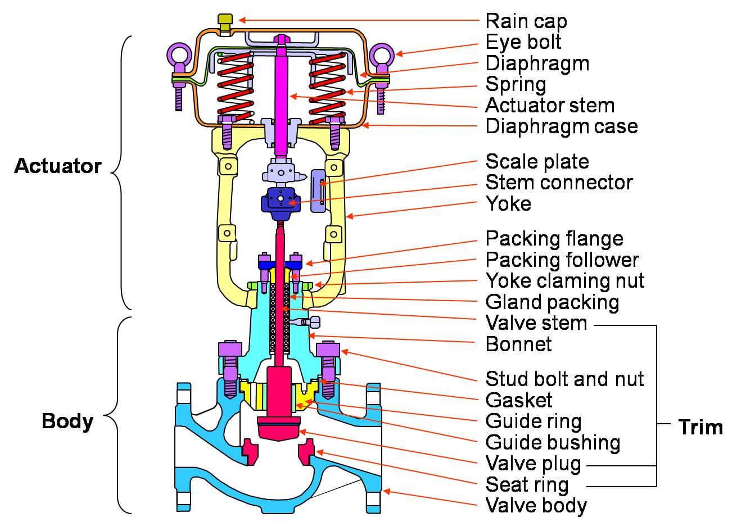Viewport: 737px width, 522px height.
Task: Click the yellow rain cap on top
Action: click(225, 22)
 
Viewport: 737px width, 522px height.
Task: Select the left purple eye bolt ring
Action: click(179, 55)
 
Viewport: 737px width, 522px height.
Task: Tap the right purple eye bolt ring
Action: click(381, 55)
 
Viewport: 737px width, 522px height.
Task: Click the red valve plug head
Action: click(279, 428)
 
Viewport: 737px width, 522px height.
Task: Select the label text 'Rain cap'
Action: click(526, 21)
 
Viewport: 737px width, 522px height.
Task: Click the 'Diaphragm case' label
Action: click(562, 126)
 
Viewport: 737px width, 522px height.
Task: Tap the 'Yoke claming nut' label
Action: click(565, 280)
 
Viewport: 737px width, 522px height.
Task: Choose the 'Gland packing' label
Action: click(552, 302)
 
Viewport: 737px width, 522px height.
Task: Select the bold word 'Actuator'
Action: click(58, 166)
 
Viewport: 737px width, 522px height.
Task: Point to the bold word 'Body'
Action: click(67, 421)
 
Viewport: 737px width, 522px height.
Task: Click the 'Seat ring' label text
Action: click(527, 484)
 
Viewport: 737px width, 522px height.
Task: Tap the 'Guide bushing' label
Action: click(553, 442)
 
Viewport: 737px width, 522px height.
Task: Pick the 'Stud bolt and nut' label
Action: click(564, 378)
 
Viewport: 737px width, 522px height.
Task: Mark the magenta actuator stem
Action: click(281, 96)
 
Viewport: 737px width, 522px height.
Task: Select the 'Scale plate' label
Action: click(537, 161)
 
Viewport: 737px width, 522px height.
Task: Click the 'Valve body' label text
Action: click(536, 505)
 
